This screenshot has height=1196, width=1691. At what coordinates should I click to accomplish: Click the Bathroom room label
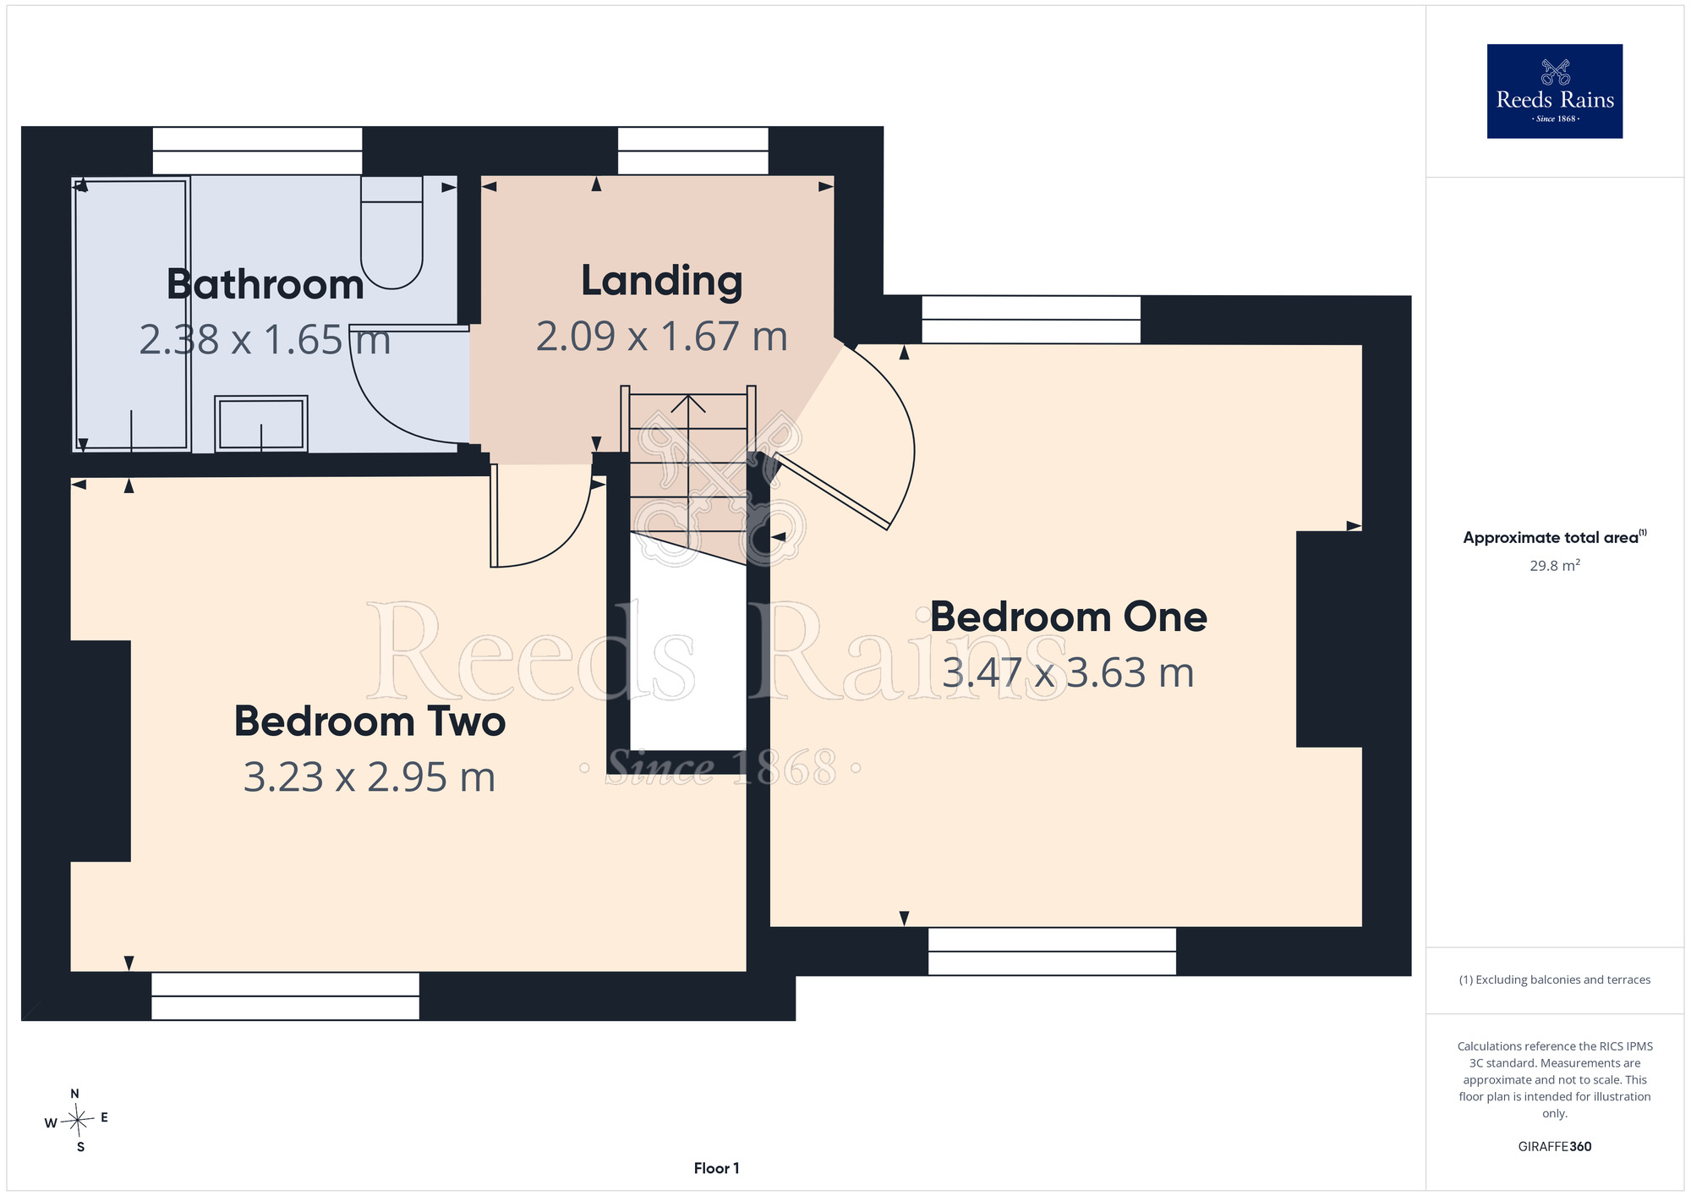point(265,284)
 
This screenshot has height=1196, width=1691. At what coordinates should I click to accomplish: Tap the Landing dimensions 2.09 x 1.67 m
point(662,337)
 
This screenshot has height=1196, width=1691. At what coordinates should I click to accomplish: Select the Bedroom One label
point(1069,617)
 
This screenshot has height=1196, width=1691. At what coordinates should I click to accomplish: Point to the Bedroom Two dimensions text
point(369,777)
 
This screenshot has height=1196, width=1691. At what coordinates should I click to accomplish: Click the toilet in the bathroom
point(391,232)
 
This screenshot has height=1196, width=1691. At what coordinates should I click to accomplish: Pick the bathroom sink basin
point(261,423)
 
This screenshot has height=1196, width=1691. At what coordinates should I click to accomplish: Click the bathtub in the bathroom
point(131,314)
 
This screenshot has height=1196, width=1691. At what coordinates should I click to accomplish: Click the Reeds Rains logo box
point(1554,91)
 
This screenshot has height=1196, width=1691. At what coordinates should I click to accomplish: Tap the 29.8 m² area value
point(1554,565)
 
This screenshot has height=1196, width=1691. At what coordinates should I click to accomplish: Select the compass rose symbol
point(76,1121)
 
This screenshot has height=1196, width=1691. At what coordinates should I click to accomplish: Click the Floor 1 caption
point(716,1168)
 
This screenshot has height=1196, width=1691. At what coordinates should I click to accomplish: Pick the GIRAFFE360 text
point(1554,1147)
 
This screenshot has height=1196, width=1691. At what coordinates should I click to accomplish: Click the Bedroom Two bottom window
point(285,996)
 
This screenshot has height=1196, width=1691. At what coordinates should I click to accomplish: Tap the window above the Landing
point(693,151)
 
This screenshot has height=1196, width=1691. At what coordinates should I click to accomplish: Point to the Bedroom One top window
point(1031,320)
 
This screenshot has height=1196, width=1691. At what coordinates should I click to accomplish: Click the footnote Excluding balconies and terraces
point(1554,979)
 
